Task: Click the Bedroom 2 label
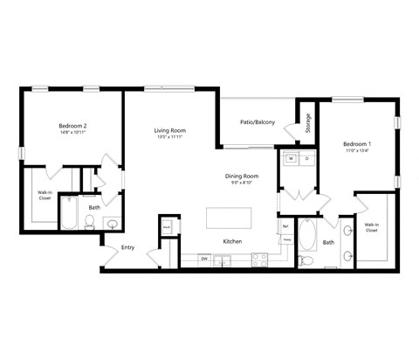[72, 125]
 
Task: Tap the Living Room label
[170, 129]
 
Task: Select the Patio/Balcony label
[258, 122]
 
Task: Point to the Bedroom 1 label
[357, 143]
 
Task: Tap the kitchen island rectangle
[229, 217]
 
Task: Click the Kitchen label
[232, 241]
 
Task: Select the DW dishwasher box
[203, 259]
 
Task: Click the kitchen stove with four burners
[259, 259]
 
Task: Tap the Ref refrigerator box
[285, 227]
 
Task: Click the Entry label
[128, 247]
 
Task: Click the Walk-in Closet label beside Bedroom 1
[373, 228]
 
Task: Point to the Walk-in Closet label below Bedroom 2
[45, 195]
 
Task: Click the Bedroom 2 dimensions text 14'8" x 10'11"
[72, 133]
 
